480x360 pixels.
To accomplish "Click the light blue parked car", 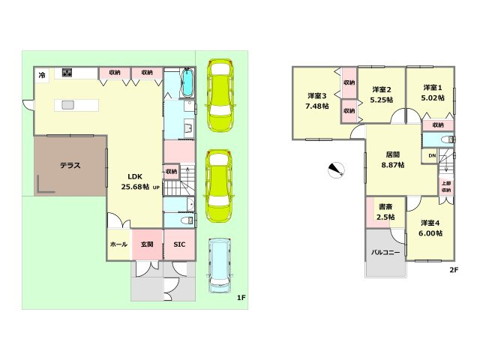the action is pyautogui.click(x=220, y=265).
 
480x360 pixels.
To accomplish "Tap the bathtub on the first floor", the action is pyautogui.click(x=187, y=82).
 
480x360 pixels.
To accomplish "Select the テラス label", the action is pyautogui.click(x=70, y=165).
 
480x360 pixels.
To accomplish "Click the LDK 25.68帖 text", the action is pyautogui.click(x=135, y=181).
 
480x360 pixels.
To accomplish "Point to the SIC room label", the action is pyautogui.click(x=179, y=244).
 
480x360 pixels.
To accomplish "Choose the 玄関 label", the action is pyautogui.click(x=147, y=244).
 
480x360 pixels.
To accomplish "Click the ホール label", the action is pyautogui.click(x=118, y=244).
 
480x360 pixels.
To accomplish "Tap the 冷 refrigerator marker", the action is pyautogui.click(x=42, y=74).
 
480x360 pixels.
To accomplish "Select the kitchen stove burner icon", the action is pyautogui.click(x=67, y=72).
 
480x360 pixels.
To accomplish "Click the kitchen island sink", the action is pyautogui.click(x=67, y=105).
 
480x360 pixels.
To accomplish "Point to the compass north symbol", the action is pyautogui.click(x=336, y=170).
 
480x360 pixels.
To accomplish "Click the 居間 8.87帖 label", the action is pyautogui.click(x=393, y=160).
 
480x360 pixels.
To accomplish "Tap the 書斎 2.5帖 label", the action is pyautogui.click(x=385, y=212).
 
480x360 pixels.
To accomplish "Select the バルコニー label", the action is pyautogui.click(x=385, y=253).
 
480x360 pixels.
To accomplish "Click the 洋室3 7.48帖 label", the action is pyautogui.click(x=317, y=100).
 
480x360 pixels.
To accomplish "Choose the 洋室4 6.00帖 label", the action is pyautogui.click(x=430, y=228).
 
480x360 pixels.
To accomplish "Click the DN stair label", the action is pyautogui.click(x=432, y=156).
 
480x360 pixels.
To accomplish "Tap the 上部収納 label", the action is pyautogui.click(x=446, y=187).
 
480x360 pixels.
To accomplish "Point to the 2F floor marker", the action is pyautogui.click(x=454, y=270).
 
